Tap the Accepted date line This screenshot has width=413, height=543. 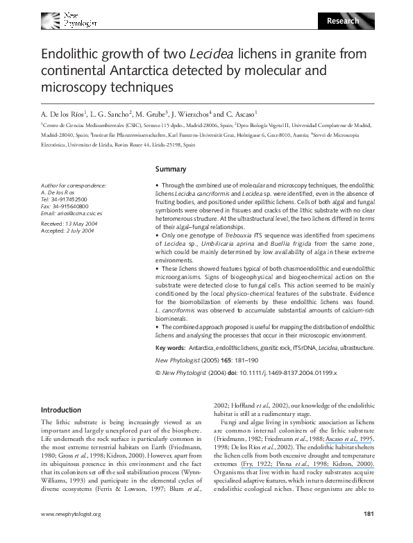[x=65, y=232]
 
